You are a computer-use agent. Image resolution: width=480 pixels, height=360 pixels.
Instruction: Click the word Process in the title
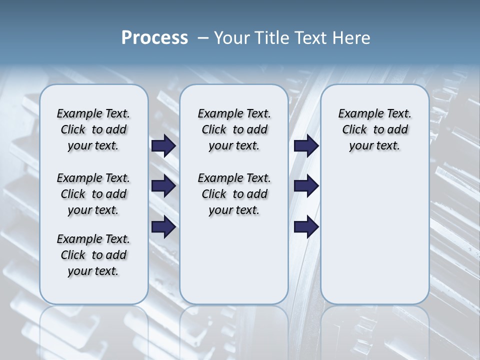(x=154, y=38)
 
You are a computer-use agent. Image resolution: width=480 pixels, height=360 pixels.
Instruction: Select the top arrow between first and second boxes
(x=163, y=146)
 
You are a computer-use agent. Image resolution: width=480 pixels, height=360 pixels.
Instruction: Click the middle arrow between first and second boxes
(x=163, y=186)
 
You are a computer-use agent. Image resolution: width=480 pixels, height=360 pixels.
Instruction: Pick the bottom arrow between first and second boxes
(x=163, y=227)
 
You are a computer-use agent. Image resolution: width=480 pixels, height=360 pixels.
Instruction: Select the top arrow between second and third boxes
(x=306, y=146)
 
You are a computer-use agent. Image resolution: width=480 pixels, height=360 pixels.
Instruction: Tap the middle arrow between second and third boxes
(x=306, y=186)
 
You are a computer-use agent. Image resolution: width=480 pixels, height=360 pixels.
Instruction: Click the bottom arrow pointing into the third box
(x=306, y=227)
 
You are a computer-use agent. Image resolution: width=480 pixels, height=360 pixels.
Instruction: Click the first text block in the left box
(x=93, y=129)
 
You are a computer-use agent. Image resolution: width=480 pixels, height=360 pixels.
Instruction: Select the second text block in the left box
(x=93, y=194)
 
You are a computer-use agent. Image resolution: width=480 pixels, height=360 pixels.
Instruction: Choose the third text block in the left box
(x=93, y=255)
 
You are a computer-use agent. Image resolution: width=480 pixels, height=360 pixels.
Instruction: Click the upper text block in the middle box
(x=234, y=129)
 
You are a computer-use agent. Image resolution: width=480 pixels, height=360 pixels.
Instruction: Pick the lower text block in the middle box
(x=234, y=194)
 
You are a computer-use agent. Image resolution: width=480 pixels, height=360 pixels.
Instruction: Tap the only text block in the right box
(x=374, y=129)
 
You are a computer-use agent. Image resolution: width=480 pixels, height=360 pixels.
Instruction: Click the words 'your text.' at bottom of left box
(x=93, y=271)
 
